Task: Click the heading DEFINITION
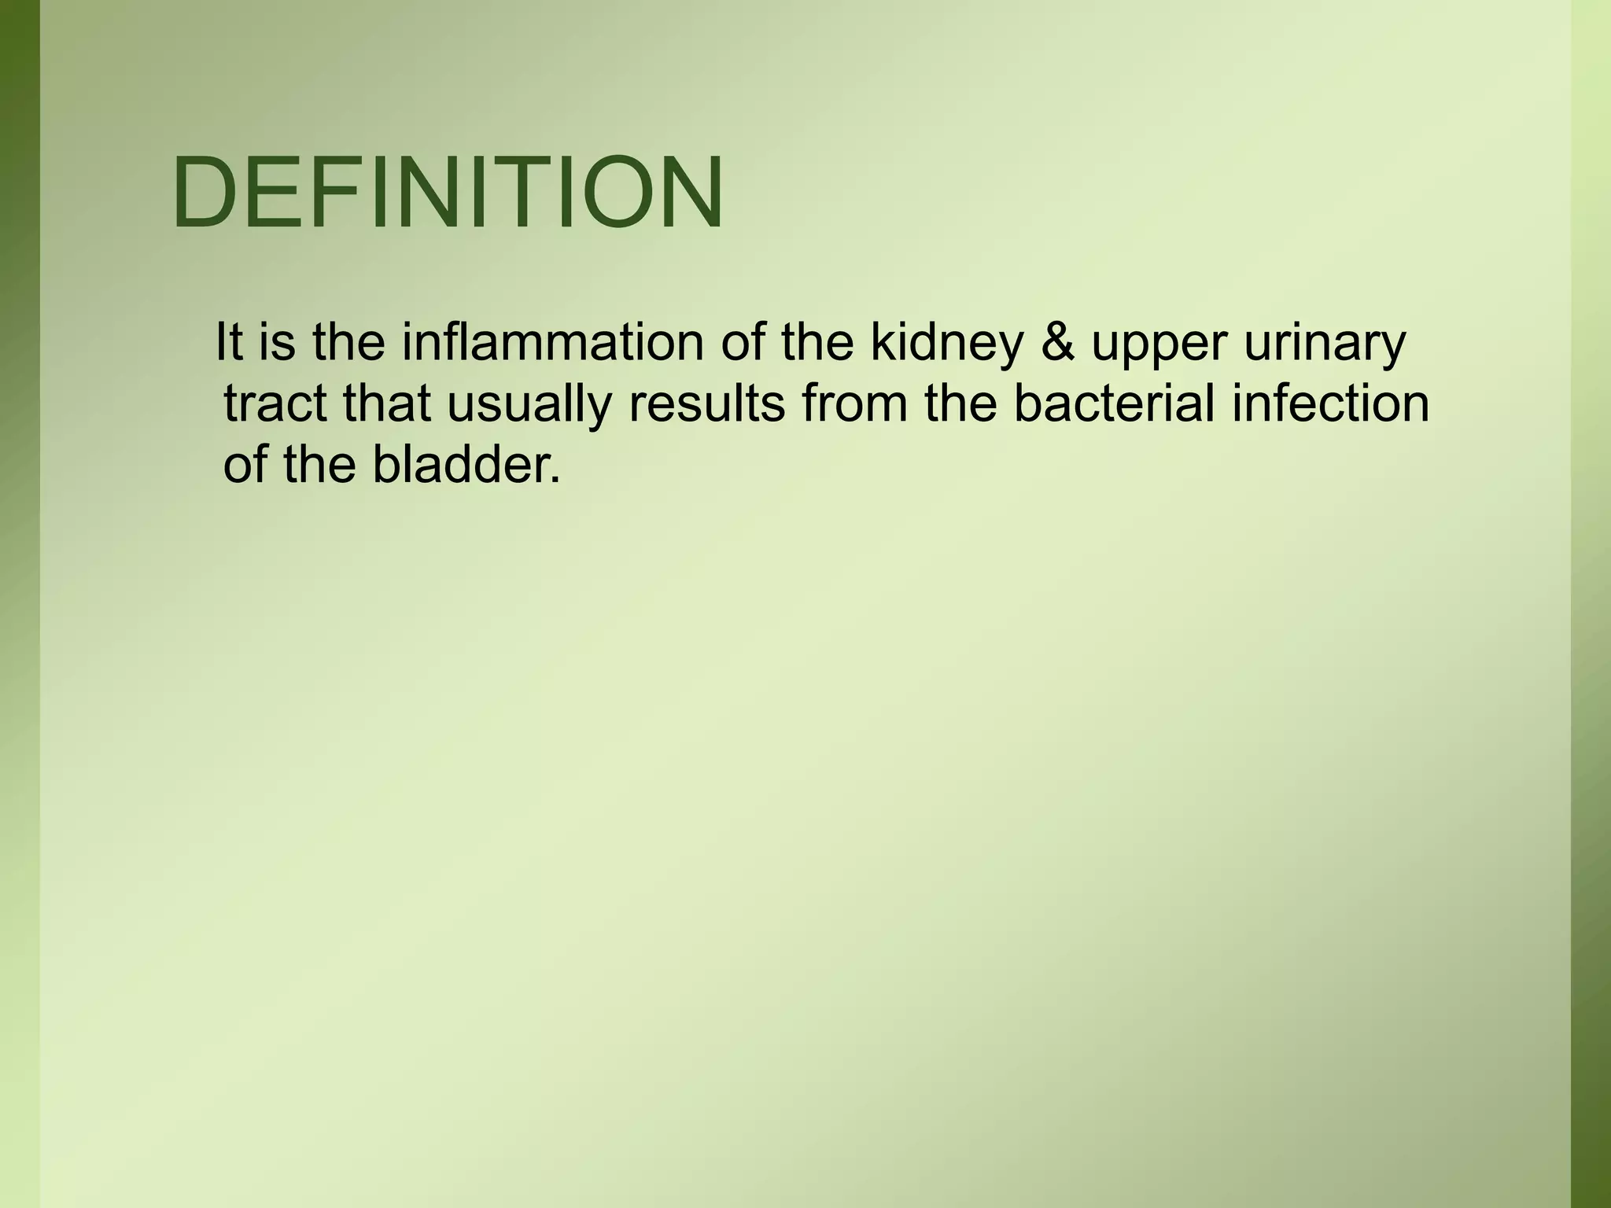click(x=448, y=193)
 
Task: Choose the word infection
click(x=1330, y=403)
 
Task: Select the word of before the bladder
click(x=245, y=464)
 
